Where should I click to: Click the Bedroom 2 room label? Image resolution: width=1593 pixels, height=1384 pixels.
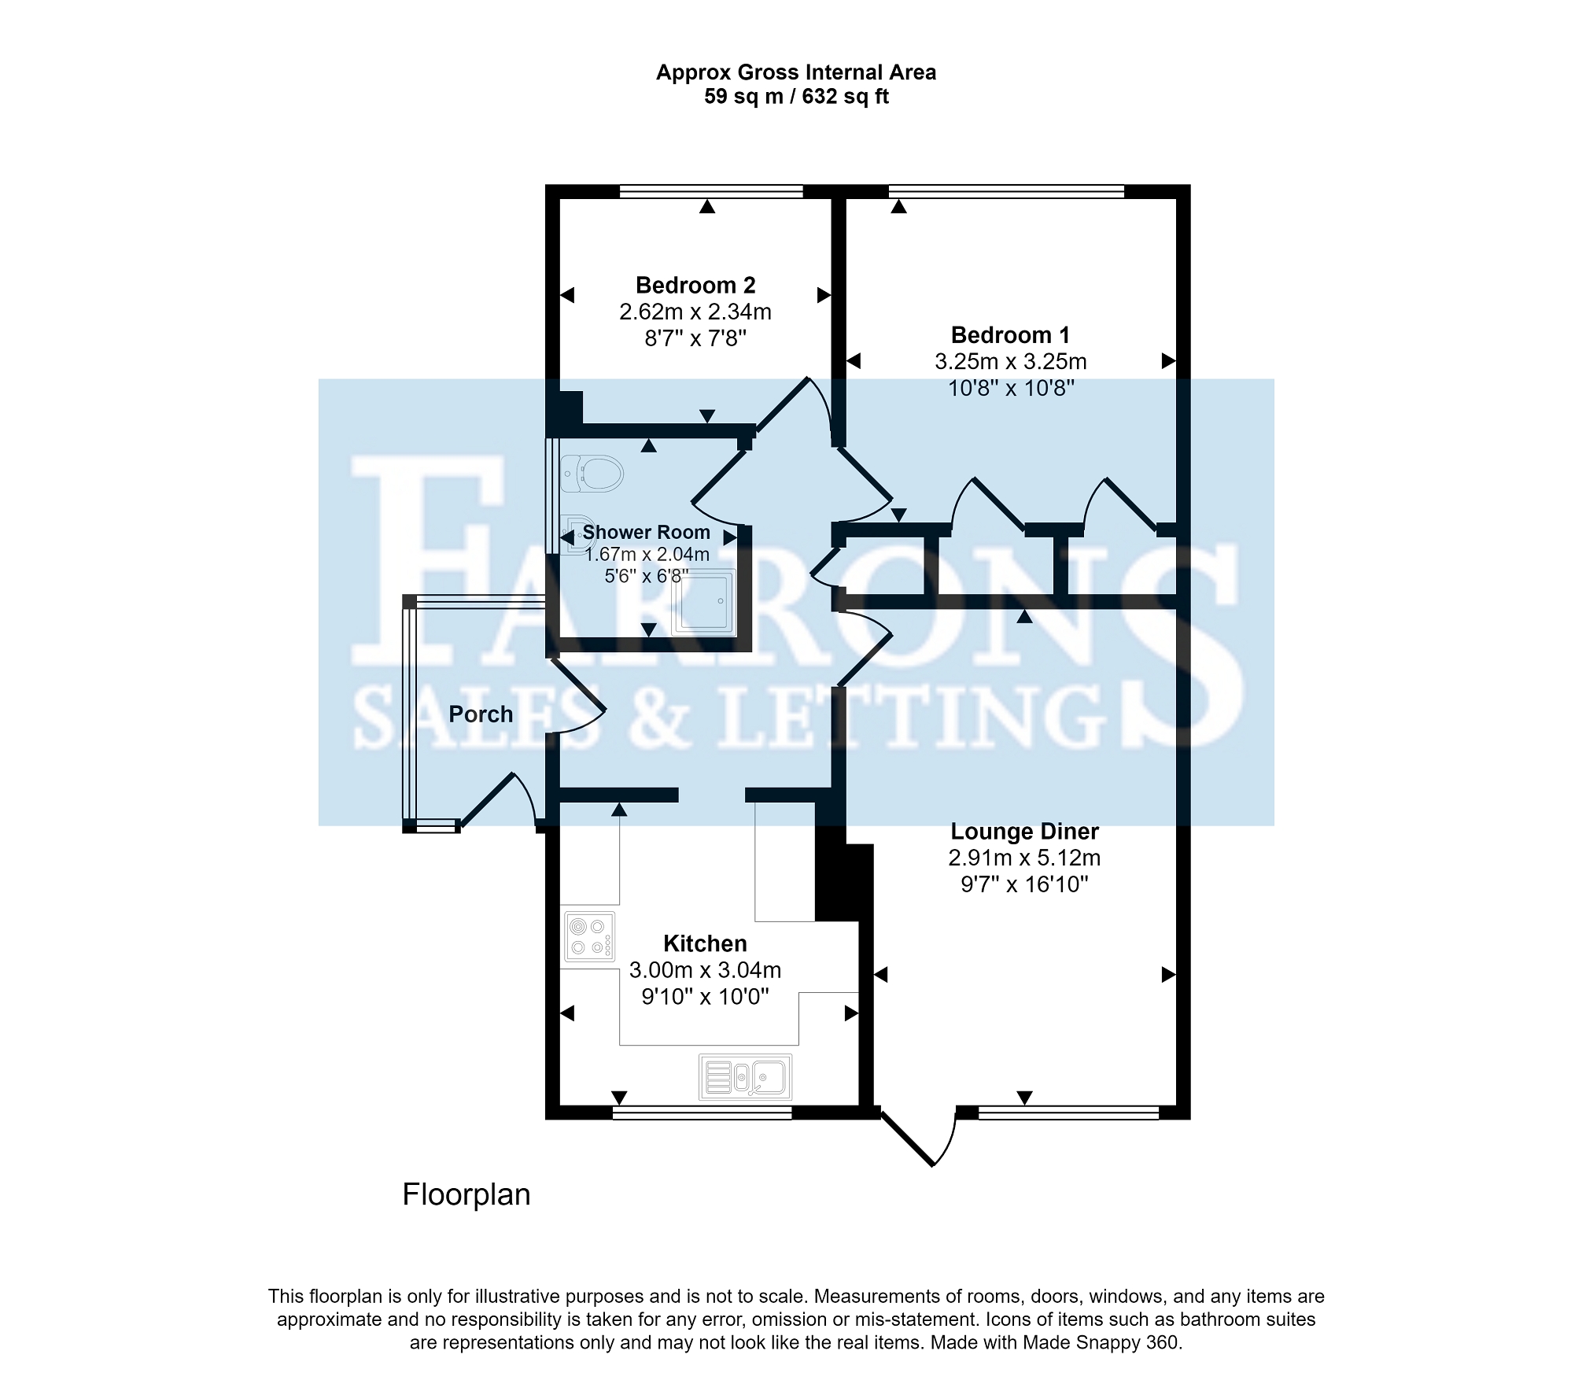point(695,285)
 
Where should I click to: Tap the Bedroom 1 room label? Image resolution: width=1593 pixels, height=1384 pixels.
point(1010,335)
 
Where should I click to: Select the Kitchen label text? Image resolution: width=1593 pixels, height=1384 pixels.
point(705,943)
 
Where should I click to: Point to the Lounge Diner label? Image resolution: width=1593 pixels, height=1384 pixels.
point(1024,831)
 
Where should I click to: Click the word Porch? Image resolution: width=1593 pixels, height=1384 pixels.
point(481,714)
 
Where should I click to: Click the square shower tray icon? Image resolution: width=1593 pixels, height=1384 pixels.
point(703,602)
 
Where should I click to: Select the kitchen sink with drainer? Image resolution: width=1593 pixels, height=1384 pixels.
point(745,1076)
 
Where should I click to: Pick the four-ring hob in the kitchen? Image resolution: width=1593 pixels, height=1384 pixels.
point(589,936)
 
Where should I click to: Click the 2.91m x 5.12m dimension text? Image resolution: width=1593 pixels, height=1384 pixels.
point(1024,858)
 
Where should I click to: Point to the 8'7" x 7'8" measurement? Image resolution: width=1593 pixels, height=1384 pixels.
point(695,338)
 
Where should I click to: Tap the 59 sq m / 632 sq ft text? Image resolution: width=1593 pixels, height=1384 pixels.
point(796,97)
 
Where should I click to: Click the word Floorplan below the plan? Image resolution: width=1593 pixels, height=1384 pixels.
point(466,1194)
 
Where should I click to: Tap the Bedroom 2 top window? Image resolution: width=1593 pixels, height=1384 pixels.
point(711,191)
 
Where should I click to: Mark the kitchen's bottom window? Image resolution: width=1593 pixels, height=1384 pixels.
point(702,1112)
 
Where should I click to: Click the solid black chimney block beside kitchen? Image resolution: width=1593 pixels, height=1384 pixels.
point(843,881)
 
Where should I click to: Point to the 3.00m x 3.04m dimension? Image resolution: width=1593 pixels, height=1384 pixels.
point(705,970)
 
